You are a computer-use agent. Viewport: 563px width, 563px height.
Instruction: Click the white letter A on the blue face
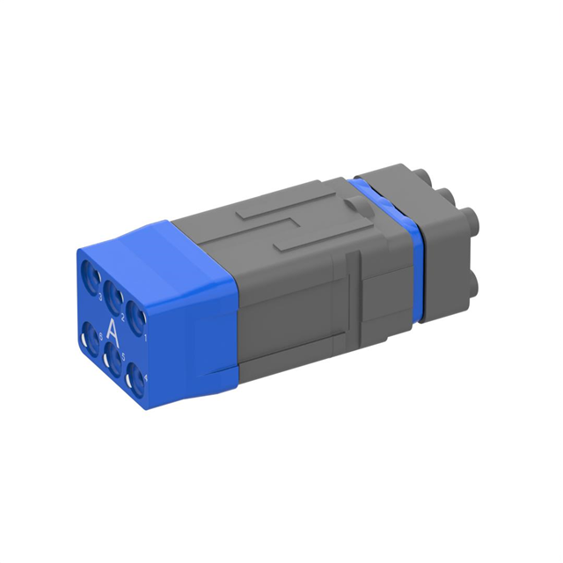click(112, 333)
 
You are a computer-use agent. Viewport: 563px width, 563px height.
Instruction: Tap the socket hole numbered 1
click(134, 314)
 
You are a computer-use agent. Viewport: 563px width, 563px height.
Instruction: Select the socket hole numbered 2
click(113, 293)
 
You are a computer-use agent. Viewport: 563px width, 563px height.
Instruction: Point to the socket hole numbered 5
click(113, 361)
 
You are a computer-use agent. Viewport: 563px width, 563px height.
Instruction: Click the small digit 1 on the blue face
click(145, 336)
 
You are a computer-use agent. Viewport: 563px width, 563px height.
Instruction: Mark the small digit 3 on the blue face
click(101, 296)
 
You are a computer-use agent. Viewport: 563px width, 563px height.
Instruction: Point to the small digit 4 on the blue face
click(145, 377)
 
